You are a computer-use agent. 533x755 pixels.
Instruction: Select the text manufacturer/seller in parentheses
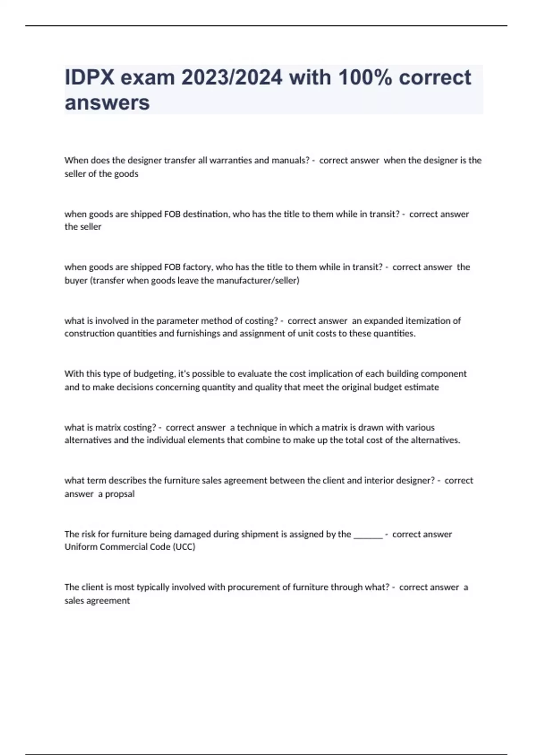tap(258, 281)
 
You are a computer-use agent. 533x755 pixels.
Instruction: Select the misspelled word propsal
tap(119, 494)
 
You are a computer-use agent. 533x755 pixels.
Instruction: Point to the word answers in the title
tap(107, 103)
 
